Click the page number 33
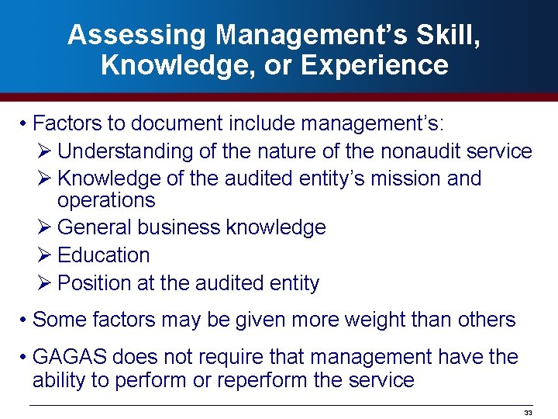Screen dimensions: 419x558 click(x=529, y=412)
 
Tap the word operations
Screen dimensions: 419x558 click(x=106, y=200)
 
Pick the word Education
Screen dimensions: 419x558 click(x=104, y=255)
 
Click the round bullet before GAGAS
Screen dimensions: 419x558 click(x=26, y=358)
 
